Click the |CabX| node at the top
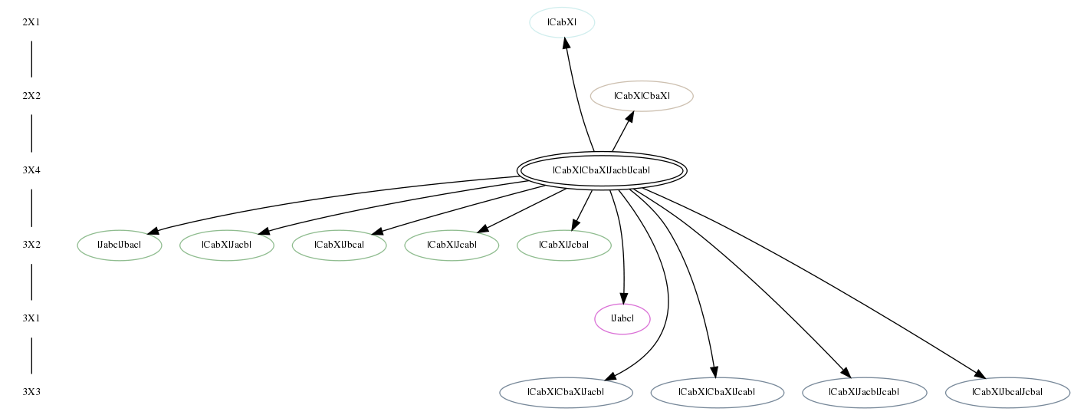(562, 22)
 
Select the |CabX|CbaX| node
(642, 96)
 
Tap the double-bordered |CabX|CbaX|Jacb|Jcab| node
(602, 170)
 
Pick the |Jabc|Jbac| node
(120, 245)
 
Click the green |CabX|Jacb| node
(227, 245)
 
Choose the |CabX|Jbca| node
(339, 245)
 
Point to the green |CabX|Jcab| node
(452, 245)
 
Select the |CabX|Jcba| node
(564, 245)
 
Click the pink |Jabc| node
(622, 318)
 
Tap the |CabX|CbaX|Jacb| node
(566, 393)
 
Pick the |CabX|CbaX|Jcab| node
(717, 393)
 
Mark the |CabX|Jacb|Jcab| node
(864, 393)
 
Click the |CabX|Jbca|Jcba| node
(1007, 393)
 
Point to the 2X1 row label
(31, 22)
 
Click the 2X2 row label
(31, 96)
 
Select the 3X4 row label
(31, 170)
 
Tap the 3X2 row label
(31, 245)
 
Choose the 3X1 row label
(31, 318)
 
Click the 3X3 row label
(31, 393)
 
